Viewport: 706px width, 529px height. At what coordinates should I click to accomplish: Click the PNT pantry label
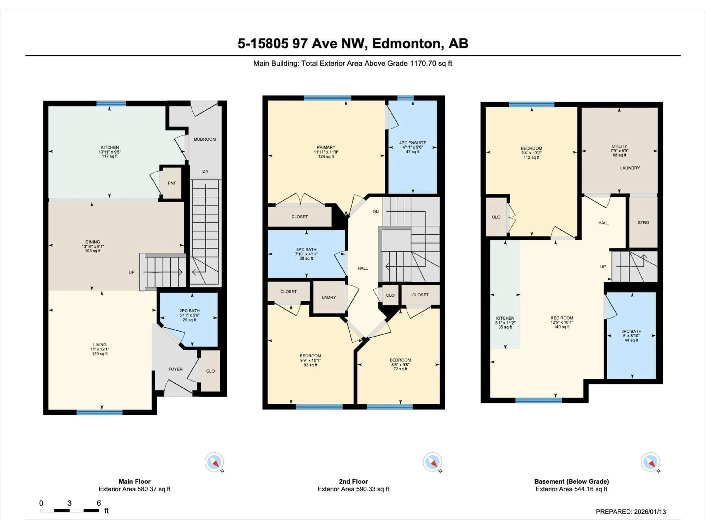[x=172, y=183]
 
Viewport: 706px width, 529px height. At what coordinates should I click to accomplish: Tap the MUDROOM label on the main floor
[x=205, y=139]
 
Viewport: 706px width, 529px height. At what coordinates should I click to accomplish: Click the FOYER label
[x=175, y=369]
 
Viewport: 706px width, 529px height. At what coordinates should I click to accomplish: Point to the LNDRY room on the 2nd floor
[x=329, y=297]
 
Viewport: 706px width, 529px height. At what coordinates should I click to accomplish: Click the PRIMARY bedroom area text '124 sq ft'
[x=326, y=156]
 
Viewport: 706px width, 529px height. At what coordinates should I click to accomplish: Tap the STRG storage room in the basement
[x=643, y=222]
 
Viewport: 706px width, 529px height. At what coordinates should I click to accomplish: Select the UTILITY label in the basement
[x=619, y=146]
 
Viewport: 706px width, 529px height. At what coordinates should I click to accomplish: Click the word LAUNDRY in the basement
[x=630, y=168]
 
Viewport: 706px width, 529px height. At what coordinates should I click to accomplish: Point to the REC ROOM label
[x=561, y=318]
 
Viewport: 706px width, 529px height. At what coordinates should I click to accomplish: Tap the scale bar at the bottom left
[x=69, y=510]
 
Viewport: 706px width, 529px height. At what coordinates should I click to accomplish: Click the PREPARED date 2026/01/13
[x=648, y=512]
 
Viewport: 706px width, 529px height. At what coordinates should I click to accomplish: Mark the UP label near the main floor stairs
[x=131, y=272]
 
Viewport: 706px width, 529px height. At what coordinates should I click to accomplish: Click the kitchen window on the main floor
[x=111, y=103]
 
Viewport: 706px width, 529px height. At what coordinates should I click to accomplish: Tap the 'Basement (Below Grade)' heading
[x=571, y=481]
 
